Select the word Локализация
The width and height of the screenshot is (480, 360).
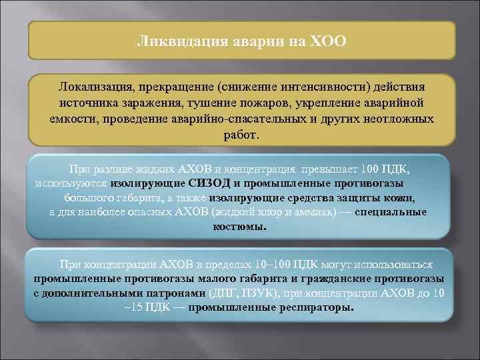pos(97,88)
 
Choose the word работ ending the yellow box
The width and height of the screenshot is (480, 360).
pos(241,134)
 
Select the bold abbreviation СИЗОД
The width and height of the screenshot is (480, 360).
pos(210,183)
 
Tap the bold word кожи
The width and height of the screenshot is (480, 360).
pos(402,198)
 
